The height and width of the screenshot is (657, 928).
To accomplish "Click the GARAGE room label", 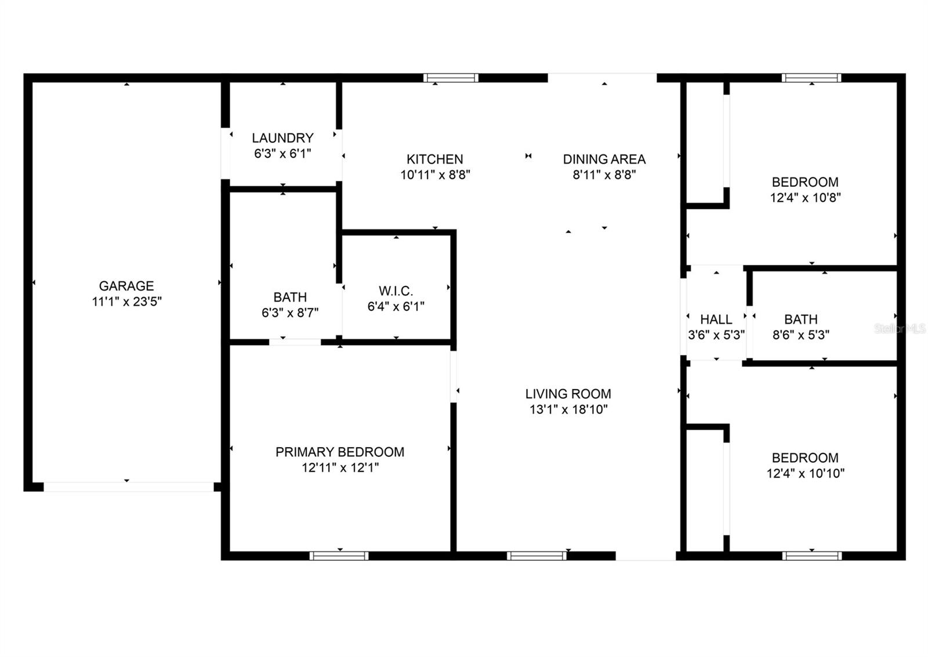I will pos(126,286).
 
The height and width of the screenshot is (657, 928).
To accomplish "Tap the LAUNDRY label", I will pos(282,138).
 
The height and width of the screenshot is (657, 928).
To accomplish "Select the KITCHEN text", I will pos(434,159).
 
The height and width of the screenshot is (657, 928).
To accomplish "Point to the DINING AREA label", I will pos(604,159).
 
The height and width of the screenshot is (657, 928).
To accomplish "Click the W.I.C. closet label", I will pos(396,291).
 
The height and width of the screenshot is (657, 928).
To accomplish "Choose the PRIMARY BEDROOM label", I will pos(340,452).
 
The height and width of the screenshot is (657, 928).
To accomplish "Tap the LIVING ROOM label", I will pos(568,394).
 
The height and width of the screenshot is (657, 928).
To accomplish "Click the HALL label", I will pos(716,320).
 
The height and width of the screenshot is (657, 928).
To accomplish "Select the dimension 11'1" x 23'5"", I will pos(126,302).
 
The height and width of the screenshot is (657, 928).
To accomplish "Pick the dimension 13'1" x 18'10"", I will pos(568,409).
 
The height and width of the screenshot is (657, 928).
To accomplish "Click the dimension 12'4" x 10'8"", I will pos(805,198).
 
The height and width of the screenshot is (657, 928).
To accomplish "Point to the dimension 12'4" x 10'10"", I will pos(805,473).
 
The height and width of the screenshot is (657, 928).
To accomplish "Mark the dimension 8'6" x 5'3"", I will pos(800,335).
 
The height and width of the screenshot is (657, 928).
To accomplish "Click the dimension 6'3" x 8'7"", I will pos(289,313).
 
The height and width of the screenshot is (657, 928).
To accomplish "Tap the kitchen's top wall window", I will pos(451,78).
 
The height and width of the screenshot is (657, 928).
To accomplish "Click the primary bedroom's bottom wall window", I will pos(339,556).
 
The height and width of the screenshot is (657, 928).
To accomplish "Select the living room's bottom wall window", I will pos(536,556).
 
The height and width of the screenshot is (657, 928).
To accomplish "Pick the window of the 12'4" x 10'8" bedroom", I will pos(811,78).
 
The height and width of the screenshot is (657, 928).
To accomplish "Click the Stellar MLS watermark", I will pos(900,329).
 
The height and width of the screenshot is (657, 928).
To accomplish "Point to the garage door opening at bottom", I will pos(129,487).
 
